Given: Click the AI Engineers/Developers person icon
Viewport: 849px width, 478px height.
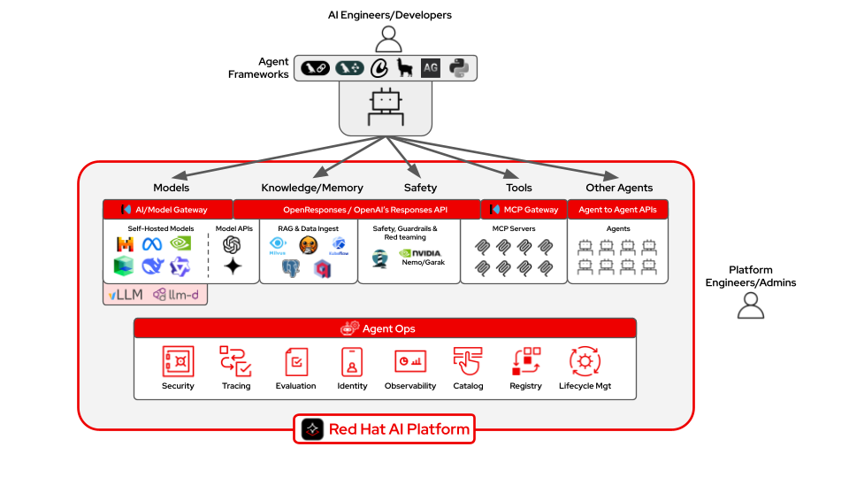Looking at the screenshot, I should tap(388, 39).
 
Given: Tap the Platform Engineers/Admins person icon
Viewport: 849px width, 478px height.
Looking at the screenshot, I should tap(751, 305).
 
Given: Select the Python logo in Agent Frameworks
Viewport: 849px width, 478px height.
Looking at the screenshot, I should tap(458, 67).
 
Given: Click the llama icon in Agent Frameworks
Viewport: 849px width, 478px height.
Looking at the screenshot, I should tap(405, 67).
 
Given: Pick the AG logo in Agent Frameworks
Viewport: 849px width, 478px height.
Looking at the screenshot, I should tap(431, 67).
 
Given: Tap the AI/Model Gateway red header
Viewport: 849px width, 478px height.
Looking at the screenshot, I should tap(168, 210).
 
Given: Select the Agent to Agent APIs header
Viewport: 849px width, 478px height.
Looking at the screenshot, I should tap(617, 210).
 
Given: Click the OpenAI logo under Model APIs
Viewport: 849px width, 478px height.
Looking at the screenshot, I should tap(233, 243).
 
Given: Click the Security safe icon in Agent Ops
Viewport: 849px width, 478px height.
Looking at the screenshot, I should tap(178, 361).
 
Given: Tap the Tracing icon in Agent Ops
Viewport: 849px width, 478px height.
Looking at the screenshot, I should tap(236, 361).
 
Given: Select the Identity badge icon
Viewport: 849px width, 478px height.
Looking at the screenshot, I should tap(351, 361).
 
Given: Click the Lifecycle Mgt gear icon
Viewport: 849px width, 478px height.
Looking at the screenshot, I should tap(585, 361).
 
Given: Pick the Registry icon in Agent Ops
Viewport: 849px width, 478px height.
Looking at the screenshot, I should tap(526, 361).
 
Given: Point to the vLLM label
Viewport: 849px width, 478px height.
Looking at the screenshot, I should tap(125, 294).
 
